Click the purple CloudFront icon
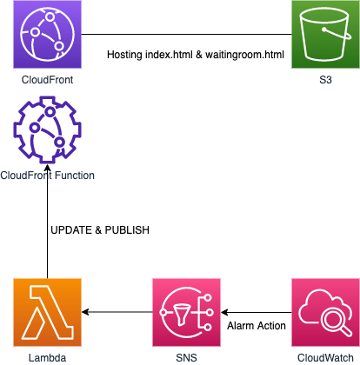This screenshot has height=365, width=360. click(x=47, y=34)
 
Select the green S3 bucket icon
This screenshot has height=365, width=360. click(x=325, y=34)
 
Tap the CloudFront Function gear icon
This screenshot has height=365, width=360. click(x=47, y=130)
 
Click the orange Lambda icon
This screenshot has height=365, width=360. click(x=47, y=312)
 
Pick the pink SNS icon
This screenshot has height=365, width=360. click(x=186, y=312)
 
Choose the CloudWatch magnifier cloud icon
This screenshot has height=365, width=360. click(x=325, y=312)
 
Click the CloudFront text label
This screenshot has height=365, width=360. click(x=47, y=80)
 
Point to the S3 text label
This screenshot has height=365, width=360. click(x=325, y=80)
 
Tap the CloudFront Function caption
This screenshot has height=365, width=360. click(x=47, y=176)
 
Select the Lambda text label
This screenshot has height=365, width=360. click(x=47, y=358)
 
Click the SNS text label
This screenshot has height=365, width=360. click(x=186, y=358)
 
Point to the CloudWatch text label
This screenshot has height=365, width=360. click(x=325, y=358)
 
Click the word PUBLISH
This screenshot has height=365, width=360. click(x=127, y=230)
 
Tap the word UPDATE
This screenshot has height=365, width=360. click(x=71, y=230)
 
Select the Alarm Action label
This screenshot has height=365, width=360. click(x=257, y=326)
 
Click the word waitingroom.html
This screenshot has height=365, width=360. click(x=244, y=55)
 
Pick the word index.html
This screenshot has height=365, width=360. click(x=169, y=55)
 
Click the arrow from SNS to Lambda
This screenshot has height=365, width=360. click(x=117, y=312)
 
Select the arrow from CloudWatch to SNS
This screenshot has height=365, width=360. click(x=257, y=312)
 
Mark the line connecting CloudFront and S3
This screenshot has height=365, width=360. click(x=186, y=34)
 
